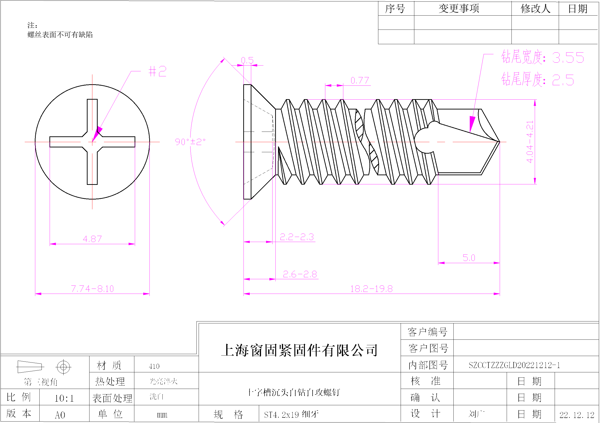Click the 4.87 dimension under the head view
[x=92, y=239]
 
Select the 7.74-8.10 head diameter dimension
[x=92, y=289]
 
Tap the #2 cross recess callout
[x=157, y=71]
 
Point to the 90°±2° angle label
[x=190, y=142]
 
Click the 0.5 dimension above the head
[x=247, y=60]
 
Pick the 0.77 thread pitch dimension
[x=360, y=80]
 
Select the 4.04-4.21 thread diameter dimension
[x=530, y=142]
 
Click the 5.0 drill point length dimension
[x=469, y=258]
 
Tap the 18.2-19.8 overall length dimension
[x=371, y=289]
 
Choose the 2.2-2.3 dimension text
[x=297, y=237]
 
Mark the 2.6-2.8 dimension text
[x=300, y=274]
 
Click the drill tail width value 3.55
[x=568, y=58]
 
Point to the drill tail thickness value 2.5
[x=563, y=80]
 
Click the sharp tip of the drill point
[x=499, y=142]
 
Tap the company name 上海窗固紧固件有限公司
[x=299, y=350]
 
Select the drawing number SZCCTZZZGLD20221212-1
[x=514, y=365]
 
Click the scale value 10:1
[x=64, y=398]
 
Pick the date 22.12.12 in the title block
[x=577, y=415]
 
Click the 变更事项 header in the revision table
[x=459, y=9]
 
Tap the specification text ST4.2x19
[x=281, y=415]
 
